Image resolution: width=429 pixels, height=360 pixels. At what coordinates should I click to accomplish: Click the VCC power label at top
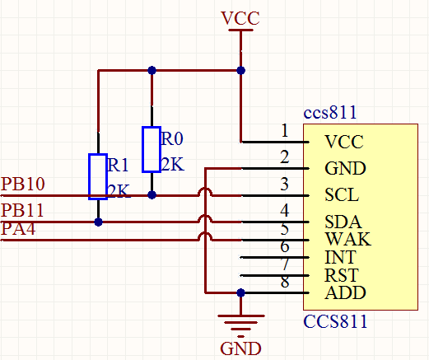click(240, 17)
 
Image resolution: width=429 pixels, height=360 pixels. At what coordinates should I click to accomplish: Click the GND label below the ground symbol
click(240, 348)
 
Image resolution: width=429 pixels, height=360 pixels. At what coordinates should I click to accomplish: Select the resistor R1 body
click(98, 176)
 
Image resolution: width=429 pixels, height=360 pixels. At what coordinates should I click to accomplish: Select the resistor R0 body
click(151, 149)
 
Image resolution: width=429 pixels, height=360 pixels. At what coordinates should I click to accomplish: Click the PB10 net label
click(23, 185)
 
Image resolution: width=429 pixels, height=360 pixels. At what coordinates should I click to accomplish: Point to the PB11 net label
click(23, 210)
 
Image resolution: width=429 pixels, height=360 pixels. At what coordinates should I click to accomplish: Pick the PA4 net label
click(18, 229)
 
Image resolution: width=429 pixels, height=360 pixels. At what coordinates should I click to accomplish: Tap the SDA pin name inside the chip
click(342, 223)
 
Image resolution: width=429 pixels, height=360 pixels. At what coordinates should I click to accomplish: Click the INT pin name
click(339, 258)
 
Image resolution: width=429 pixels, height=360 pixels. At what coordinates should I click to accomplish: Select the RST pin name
click(341, 275)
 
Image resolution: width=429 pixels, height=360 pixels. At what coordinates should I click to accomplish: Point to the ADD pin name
click(345, 292)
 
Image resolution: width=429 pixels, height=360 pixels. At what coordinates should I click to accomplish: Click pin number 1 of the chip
click(285, 131)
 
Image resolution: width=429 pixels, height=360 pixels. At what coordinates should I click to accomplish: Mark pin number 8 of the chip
click(285, 283)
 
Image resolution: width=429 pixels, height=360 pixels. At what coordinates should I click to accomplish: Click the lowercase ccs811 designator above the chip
click(330, 113)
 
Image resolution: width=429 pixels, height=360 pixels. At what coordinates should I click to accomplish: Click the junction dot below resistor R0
click(152, 195)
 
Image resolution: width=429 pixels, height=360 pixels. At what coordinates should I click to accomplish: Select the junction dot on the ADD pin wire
click(240, 292)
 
